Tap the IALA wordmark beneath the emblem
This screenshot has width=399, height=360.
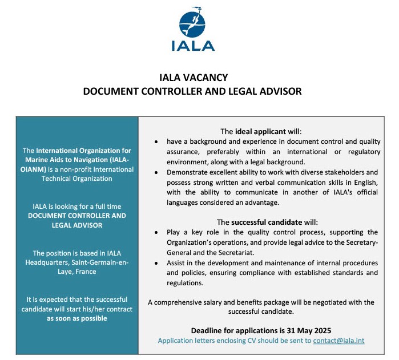click(x=193, y=46)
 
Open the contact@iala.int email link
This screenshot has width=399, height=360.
click(x=338, y=341)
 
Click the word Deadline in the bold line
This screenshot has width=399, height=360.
click(x=209, y=330)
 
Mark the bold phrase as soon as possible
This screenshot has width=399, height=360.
click(x=76, y=318)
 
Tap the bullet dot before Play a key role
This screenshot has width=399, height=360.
click(x=156, y=233)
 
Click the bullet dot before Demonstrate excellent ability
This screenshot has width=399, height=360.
click(x=156, y=172)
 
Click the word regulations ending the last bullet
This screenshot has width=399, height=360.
click(x=186, y=282)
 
